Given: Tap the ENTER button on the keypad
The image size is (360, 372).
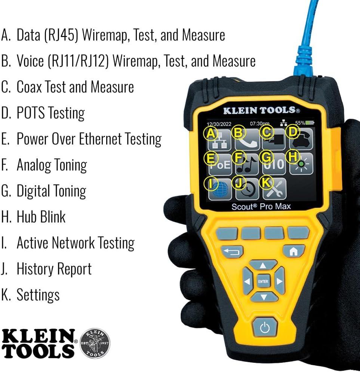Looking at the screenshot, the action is click(263, 281).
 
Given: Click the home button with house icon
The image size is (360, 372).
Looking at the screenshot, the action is click(294, 251).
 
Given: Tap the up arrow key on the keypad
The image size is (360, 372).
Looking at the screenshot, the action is click(263, 265).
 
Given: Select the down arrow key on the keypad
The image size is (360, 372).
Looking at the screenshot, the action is click(264, 297).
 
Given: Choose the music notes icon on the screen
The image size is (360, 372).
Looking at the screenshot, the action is click(247, 164).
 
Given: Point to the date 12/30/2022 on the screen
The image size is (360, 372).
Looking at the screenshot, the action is click(219, 124).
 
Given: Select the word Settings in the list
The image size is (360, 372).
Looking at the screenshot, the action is click(38, 295).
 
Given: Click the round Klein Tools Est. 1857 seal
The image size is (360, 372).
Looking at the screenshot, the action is click(95, 343).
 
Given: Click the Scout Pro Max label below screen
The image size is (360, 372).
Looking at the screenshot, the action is click(261, 207).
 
